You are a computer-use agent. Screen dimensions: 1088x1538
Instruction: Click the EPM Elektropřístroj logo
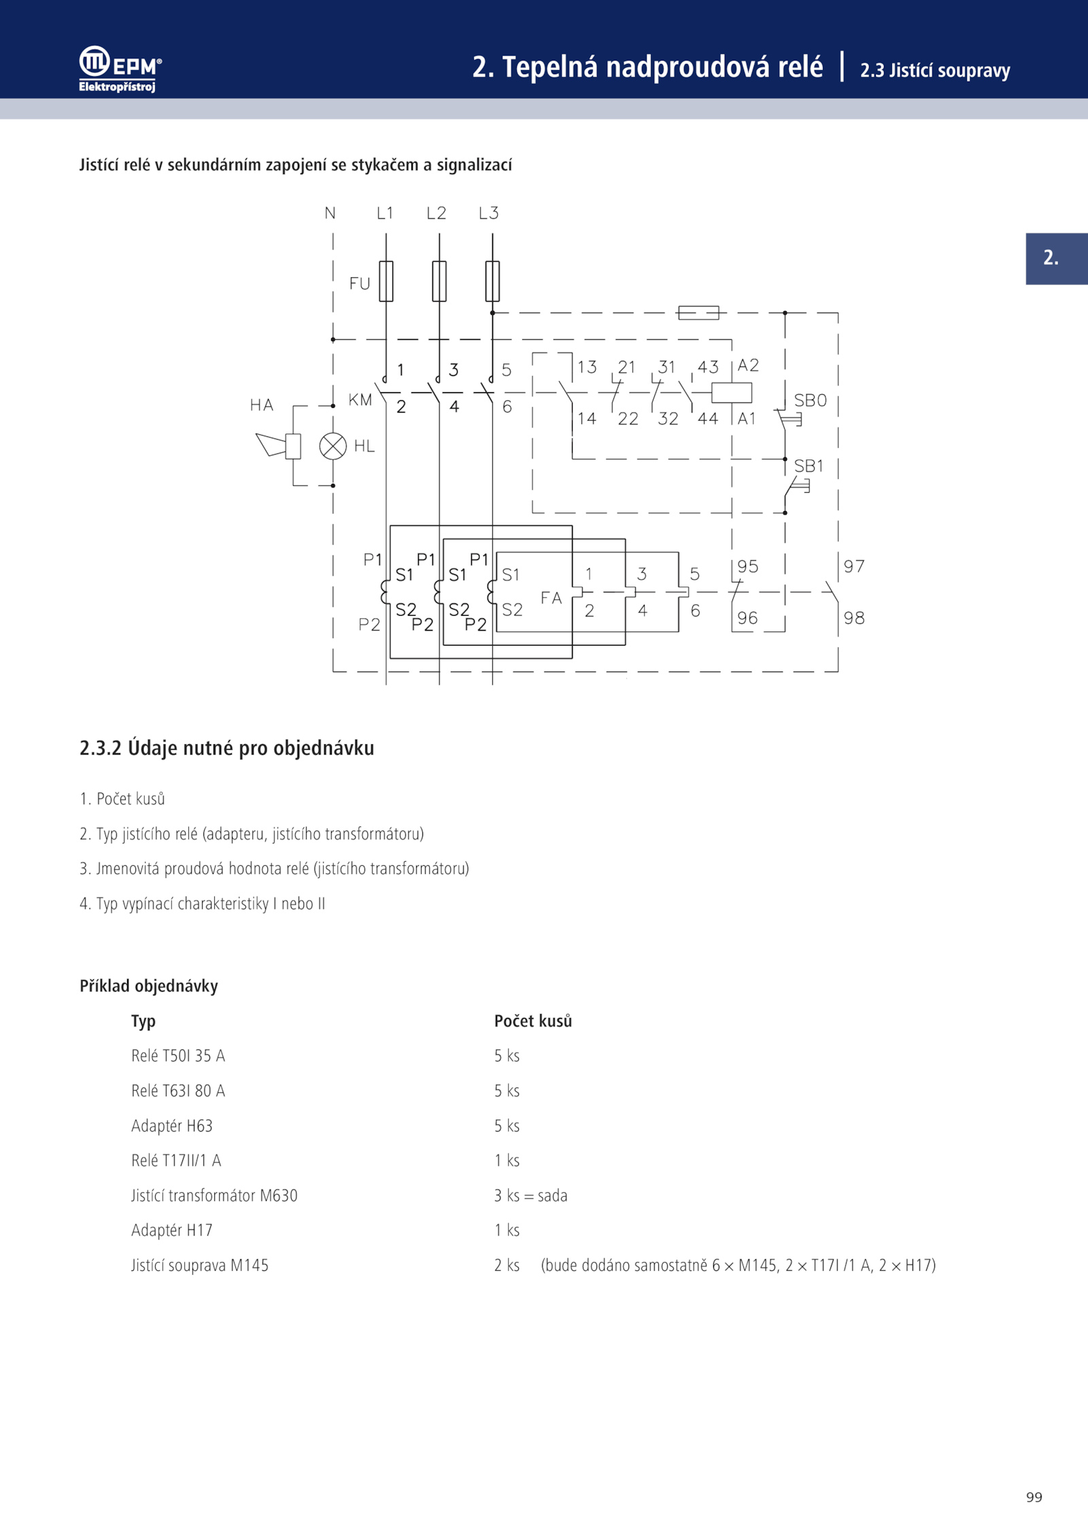point(120,69)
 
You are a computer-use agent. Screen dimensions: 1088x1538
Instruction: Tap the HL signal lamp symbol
point(333,446)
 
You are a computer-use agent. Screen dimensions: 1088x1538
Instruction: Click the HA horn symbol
point(279,445)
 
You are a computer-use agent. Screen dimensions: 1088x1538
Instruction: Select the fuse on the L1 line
point(386,281)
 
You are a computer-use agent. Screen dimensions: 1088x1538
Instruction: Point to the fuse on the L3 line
point(492,281)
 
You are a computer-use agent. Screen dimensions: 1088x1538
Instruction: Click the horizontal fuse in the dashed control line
point(698,313)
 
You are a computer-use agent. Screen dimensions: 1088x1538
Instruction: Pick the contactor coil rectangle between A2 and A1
point(732,393)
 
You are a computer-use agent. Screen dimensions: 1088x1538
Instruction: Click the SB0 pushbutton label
point(811,400)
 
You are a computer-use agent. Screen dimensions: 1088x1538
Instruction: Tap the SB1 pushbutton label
point(809,466)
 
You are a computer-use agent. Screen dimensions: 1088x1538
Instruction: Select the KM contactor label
point(360,400)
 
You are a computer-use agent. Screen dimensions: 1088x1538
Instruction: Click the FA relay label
point(551,597)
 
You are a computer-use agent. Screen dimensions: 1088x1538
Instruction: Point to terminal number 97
point(854,566)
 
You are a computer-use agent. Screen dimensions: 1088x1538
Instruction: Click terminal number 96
point(747,618)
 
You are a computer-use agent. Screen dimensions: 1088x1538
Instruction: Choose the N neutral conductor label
point(330,213)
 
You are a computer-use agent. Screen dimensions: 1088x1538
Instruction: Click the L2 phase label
point(437,213)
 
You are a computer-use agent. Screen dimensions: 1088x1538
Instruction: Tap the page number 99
point(1034,1497)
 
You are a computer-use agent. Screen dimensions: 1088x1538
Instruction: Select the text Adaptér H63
point(172,1125)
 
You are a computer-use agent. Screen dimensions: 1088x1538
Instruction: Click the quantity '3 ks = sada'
point(531,1195)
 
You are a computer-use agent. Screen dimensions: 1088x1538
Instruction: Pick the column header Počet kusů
point(533,1021)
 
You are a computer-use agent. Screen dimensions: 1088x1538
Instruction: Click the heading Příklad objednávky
point(149,986)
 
